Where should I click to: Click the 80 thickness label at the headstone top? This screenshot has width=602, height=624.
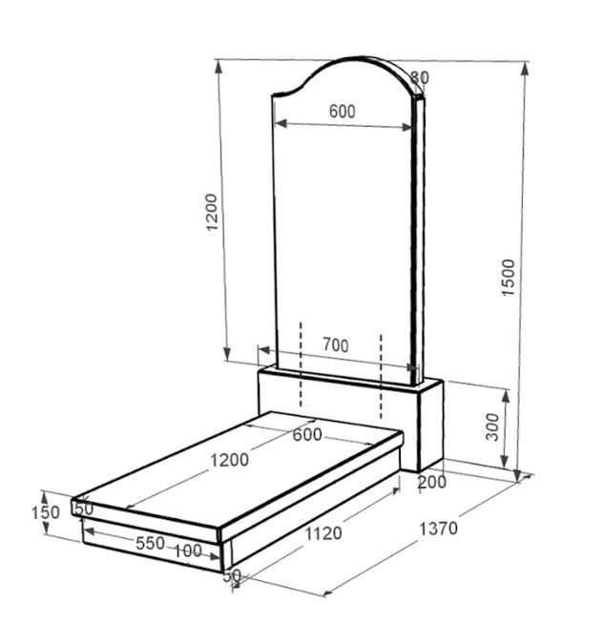point(420,77)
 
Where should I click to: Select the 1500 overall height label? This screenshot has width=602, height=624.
point(509,278)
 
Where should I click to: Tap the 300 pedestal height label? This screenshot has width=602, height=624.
point(492,427)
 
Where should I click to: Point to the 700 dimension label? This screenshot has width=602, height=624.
point(336,344)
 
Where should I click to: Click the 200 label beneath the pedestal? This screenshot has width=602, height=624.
point(432,482)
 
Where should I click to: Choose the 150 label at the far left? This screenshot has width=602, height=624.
point(46,512)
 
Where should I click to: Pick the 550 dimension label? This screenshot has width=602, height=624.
point(150,543)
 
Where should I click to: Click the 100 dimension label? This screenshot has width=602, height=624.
point(188,551)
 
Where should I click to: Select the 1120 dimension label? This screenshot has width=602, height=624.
point(323,533)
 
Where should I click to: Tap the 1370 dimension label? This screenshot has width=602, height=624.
point(439,529)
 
